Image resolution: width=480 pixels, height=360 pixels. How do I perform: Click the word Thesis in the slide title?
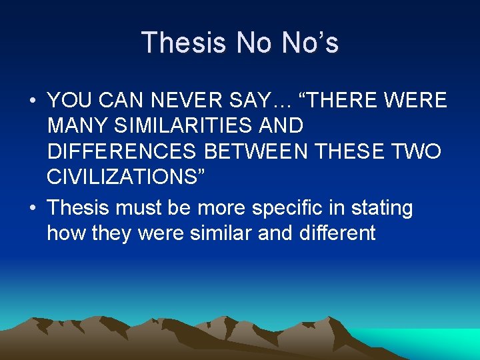click(x=183, y=43)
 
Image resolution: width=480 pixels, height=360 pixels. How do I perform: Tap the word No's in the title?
click(x=311, y=43)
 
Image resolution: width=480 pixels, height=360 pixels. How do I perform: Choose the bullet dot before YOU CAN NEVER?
click(x=33, y=101)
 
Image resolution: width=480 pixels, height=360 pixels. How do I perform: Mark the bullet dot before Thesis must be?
click(x=33, y=209)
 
